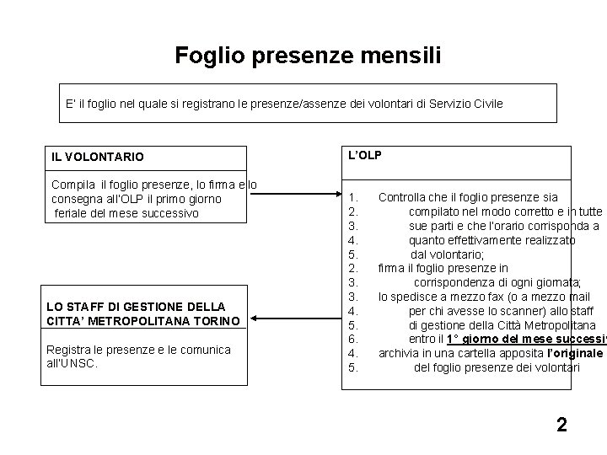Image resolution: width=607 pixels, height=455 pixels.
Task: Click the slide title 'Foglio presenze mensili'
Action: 307,56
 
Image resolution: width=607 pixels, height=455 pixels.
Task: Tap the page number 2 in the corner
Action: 561,424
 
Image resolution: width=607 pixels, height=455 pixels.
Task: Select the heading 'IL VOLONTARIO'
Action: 98,157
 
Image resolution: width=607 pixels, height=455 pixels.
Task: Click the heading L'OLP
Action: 365,156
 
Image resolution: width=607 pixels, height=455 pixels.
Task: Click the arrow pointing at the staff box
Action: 294,319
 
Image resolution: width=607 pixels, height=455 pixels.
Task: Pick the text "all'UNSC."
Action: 75,363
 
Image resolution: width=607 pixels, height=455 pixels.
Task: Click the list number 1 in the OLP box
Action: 352,198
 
